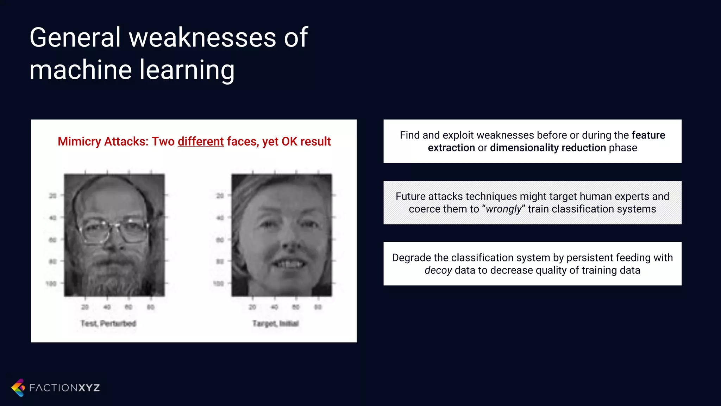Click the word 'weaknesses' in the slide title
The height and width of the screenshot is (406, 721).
coord(202,38)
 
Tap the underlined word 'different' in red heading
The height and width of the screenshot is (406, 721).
coord(201,141)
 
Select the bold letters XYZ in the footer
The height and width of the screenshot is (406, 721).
coord(89,388)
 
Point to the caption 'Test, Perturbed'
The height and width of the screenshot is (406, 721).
coord(108,324)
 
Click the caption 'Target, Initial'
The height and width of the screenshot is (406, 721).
coord(275,324)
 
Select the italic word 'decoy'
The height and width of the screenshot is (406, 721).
coord(438,270)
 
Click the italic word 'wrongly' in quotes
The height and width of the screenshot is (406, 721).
coord(503,209)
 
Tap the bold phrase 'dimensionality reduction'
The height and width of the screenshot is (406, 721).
coord(548,148)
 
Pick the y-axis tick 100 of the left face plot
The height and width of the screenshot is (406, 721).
coord(51,284)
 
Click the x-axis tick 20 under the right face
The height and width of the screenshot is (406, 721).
coord(252,307)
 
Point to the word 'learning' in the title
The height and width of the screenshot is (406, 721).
coord(187,70)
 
